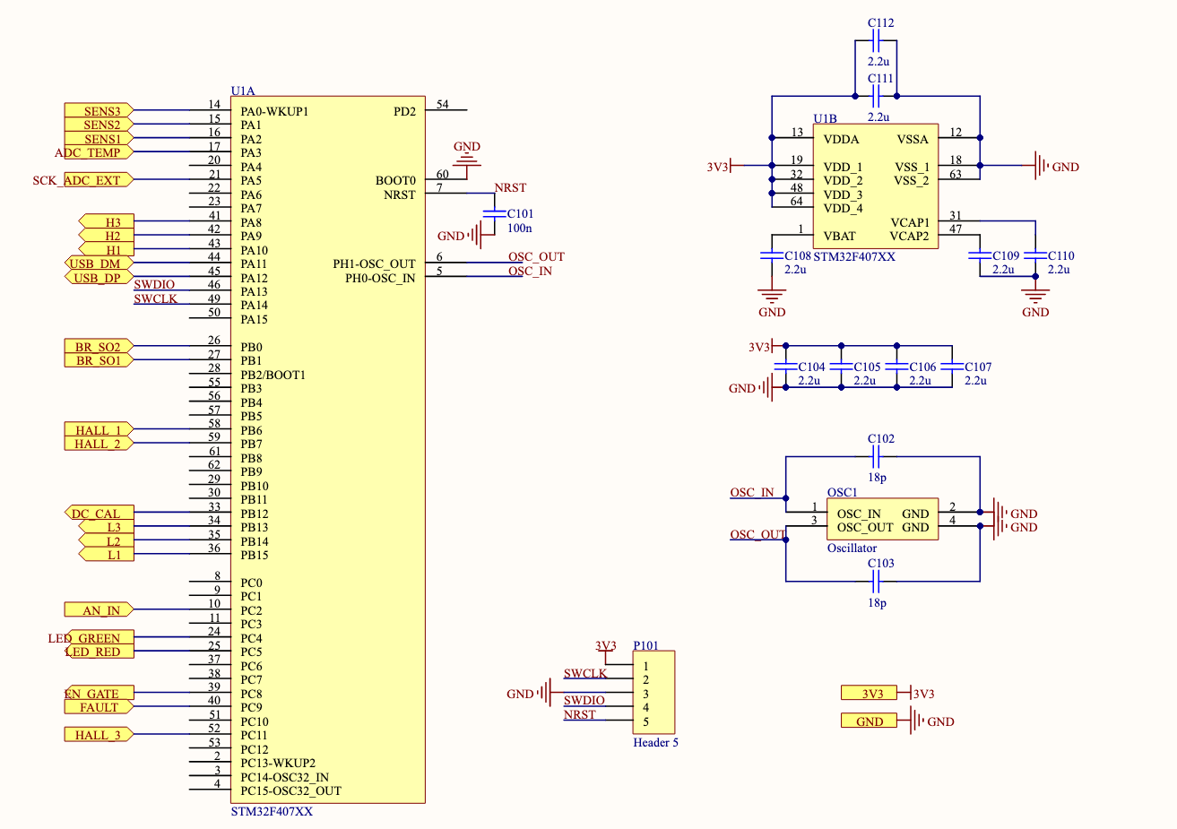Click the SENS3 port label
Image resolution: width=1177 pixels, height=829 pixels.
tap(99, 111)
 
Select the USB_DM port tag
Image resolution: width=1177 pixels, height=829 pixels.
tap(97, 263)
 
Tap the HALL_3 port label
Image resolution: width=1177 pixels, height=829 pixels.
tap(97, 735)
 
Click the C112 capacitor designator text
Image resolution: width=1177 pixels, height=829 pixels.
tap(880, 23)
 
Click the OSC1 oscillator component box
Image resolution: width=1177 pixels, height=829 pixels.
tap(882, 520)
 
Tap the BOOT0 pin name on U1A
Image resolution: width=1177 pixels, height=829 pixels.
tap(395, 181)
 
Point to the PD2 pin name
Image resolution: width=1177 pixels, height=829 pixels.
tap(404, 112)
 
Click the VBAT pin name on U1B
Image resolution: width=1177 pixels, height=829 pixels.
tap(839, 237)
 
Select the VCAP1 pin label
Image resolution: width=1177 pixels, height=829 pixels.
tap(909, 222)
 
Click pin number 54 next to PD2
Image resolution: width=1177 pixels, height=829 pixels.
tap(443, 105)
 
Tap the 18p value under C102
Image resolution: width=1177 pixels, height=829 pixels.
tap(877, 478)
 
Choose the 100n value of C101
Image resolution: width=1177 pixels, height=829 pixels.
tap(519, 229)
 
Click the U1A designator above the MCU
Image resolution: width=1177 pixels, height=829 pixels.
tap(243, 91)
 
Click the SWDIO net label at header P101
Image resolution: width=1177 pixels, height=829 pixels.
tap(584, 700)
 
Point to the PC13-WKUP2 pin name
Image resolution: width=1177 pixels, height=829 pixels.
tap(278, 764)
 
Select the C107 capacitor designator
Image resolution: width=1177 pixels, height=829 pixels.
tap(978, 367)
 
